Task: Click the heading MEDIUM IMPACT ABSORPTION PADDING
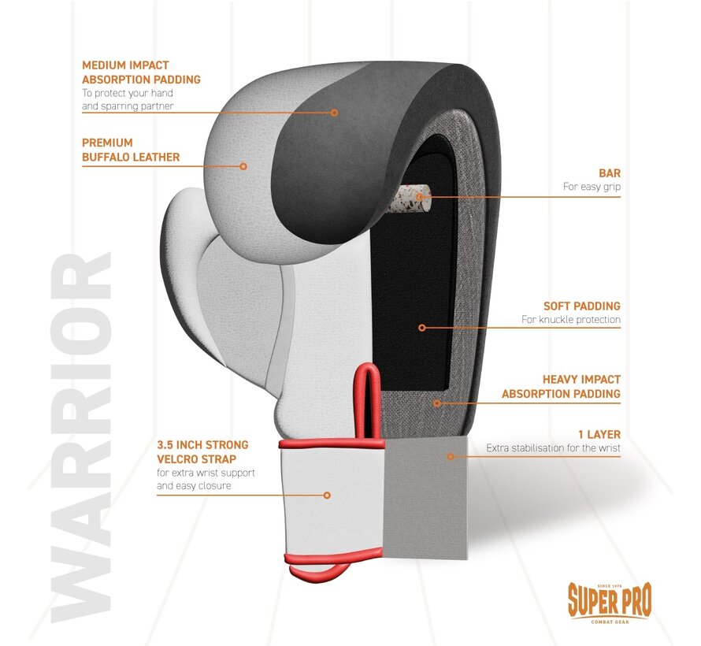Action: coord(141,72)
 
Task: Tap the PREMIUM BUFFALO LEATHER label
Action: coord(131,150)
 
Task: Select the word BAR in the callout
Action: coord(609,172)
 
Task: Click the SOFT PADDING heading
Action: coord(581,305)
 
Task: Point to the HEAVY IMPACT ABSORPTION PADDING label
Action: coord(561,386)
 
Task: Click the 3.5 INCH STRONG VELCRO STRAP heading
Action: coord(202,452)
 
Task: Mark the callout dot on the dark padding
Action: coord(334,113)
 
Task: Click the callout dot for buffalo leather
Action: coord(243,166)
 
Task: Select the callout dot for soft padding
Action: coord(421,327)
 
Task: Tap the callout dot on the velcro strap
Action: coord(327,495)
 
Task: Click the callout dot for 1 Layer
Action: coord(451,455)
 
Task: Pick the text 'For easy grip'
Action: coord(592,187)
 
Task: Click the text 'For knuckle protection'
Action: coord(571,320)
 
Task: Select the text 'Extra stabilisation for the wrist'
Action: coord(553,448)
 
